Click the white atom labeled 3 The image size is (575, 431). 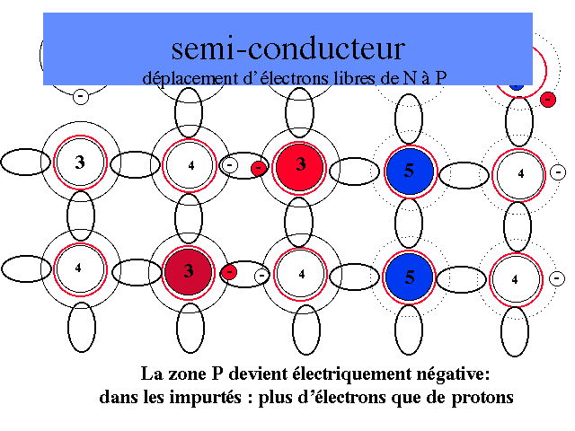click(80, 163)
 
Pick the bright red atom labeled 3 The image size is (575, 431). click(300, 164)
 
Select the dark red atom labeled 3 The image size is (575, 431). click(189, 270)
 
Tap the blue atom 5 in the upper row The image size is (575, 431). click(409, 171)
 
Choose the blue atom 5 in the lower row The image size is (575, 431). click(409, 276)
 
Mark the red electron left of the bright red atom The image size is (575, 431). click(259, 167)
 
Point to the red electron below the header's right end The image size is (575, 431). click(547, 99)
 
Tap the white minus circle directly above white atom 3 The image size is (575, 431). click(80, 95)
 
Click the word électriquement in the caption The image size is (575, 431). click(337, 373)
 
